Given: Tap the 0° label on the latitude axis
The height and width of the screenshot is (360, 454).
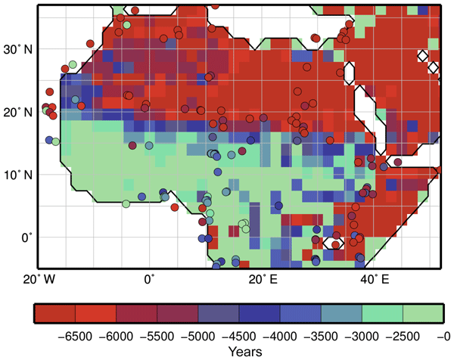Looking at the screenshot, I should pyautogui.click(x=26, y=237).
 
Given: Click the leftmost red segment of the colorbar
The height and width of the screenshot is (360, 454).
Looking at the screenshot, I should pyautogui.click(x=55, y=313).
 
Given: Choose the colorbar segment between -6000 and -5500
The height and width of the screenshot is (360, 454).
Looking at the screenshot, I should pyautogui.click(x=137, y=313).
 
